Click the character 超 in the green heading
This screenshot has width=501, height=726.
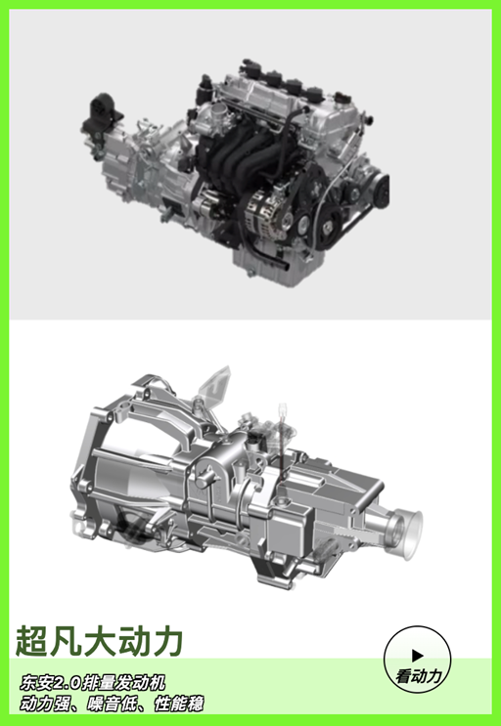point(32,641)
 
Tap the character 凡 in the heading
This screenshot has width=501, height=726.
point(66,641)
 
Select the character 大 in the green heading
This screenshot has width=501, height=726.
point(100,641)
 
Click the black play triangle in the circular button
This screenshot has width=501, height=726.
point(418,656)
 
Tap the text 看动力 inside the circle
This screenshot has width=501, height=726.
point(419,676)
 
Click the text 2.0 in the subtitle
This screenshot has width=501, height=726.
point(68,682)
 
